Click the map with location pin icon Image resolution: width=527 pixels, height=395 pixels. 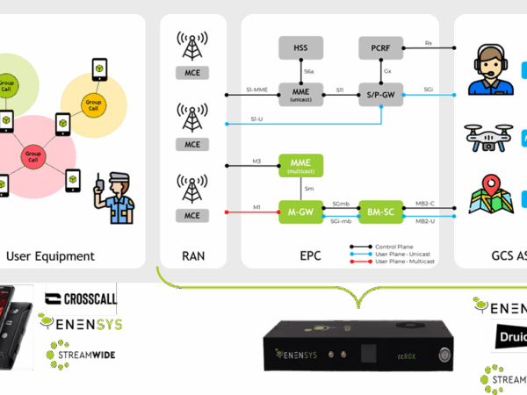pos(490,198)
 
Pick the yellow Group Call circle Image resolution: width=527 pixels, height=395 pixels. pos(93,104)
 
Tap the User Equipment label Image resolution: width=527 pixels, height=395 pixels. pos(50,256)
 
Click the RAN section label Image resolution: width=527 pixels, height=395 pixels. pos(192,256)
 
